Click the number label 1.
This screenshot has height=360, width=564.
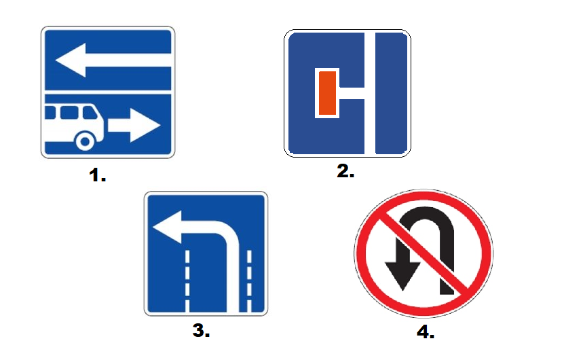pyautogui.click(x=97, y=175)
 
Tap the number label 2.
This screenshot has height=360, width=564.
pyautogui.click(x=345, y=171)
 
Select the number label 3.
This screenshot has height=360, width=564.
pyautogui.click(x=201, y=331)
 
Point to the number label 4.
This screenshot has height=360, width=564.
pyautogui.click(x=426, y=332)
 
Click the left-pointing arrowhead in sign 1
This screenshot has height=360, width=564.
pyautogui.click(x=72, y=60)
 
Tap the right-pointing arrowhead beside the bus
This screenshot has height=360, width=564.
pyautogui.click(x=145, y=125)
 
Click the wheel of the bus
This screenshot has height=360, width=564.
pyautogui.click(x=85, y=141)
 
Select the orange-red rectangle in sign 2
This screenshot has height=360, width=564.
pyautogui.click(x=327, y=93)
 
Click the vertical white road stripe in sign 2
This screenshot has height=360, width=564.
pyautogui.click(x=370, y=93)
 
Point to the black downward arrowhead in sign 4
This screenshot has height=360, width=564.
pyautogui.click(x=402, y=275)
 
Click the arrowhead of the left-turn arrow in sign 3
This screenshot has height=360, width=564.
pyautogui.click(x=168, y=227)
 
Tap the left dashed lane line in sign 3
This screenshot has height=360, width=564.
pyautogui.click(x=187, y=281)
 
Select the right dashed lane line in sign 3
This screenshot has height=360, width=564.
pyautogui.click(x=249, y=281)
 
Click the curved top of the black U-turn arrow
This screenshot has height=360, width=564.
pyautogui.click(x=426, y=215)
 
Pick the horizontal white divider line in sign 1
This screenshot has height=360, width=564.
pyautogui.click(x=108, y=92)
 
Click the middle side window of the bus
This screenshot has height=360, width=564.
pyautogui.click(x=69, y=112)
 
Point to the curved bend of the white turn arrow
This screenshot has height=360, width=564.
pyautogui.click(x=229, y=234)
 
